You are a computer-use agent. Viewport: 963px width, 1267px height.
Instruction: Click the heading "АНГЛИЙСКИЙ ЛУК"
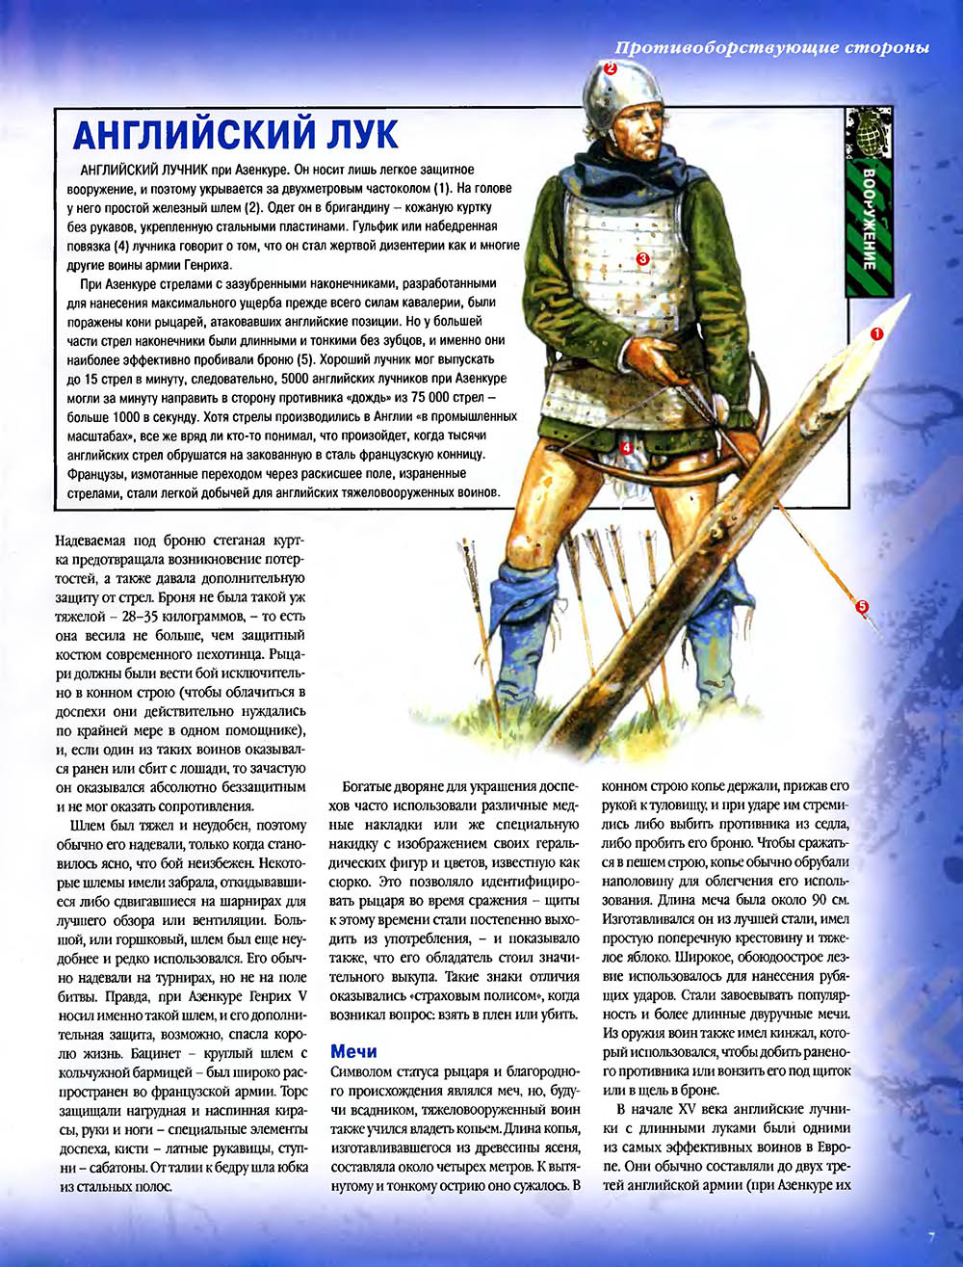236,134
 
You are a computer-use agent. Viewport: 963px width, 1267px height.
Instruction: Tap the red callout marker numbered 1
876,332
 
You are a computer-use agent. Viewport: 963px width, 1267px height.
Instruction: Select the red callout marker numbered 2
610,68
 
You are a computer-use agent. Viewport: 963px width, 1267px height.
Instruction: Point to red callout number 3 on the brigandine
643,258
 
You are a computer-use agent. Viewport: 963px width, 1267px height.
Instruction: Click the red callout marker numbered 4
625,447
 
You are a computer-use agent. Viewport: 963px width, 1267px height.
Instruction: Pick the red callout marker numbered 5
862,606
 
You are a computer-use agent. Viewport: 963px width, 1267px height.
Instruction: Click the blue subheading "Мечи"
353,1051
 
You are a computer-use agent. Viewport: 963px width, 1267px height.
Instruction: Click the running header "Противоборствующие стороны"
772,48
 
